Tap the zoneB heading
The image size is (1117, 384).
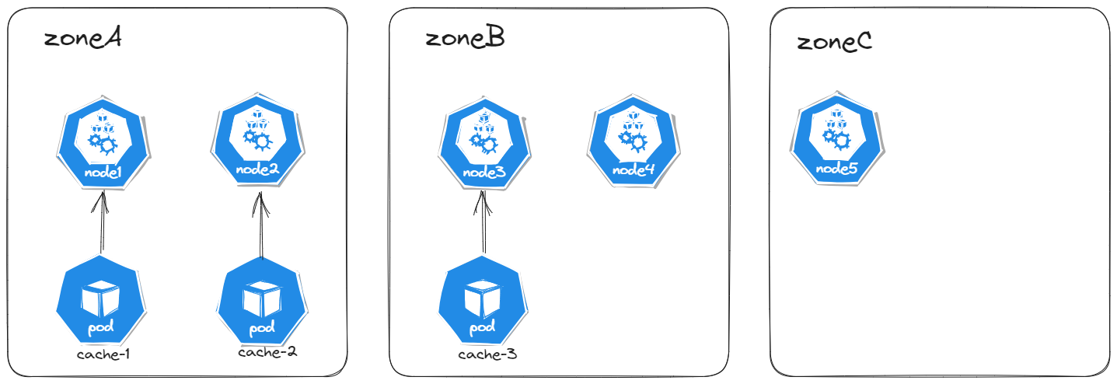point(465,38)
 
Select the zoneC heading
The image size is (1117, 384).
point(834,41)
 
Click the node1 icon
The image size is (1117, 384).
point(101,145)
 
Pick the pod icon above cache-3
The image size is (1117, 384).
point(482,305)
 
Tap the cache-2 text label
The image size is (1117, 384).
point(267,352)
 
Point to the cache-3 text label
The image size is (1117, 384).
point(487,355)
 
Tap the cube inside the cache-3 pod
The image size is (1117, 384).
point(480,298)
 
